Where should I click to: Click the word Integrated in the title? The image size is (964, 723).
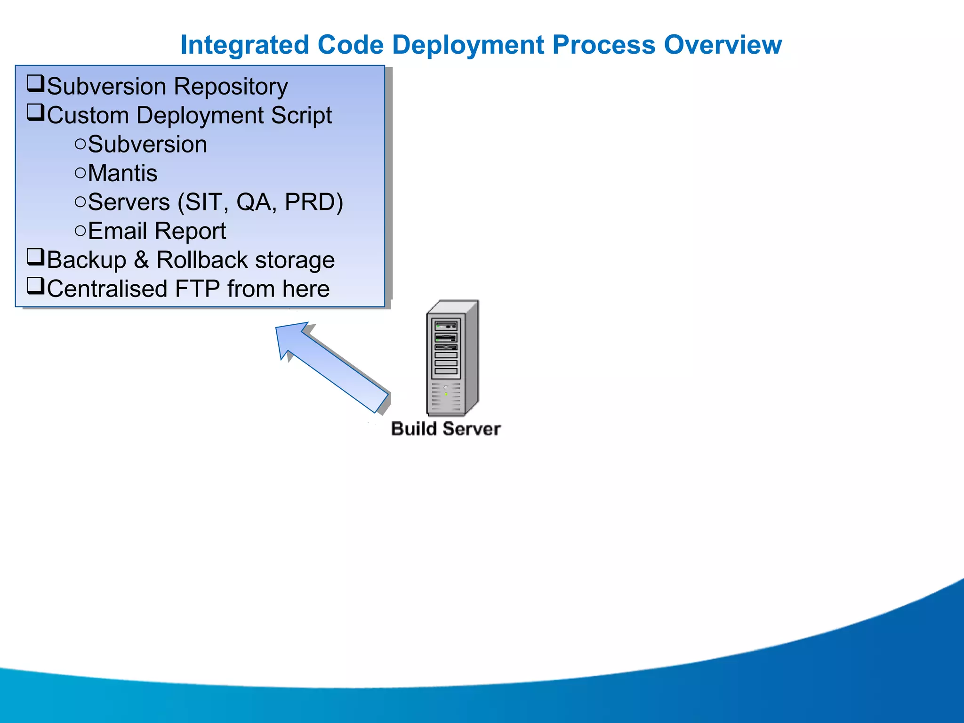(x=245, y=45)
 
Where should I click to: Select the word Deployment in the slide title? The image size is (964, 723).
(x=468, y=46)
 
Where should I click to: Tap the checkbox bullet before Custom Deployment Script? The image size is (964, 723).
(x=35, y=113)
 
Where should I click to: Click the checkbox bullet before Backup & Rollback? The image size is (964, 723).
(x=35, y=257)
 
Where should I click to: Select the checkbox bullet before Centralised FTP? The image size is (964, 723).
(x=35, y=286)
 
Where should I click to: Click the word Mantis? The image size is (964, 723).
(x=122, y=173)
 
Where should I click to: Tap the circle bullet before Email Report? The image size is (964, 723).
(x=80, y=231)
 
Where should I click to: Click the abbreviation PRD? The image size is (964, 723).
(x=313, y=202)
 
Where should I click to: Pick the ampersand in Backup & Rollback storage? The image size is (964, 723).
(x=141, y=260)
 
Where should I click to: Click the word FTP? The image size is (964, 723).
(x=197, y=289)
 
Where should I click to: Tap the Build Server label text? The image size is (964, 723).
(x=445, y=429)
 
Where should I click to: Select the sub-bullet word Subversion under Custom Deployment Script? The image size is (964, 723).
(x=147, y=145)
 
